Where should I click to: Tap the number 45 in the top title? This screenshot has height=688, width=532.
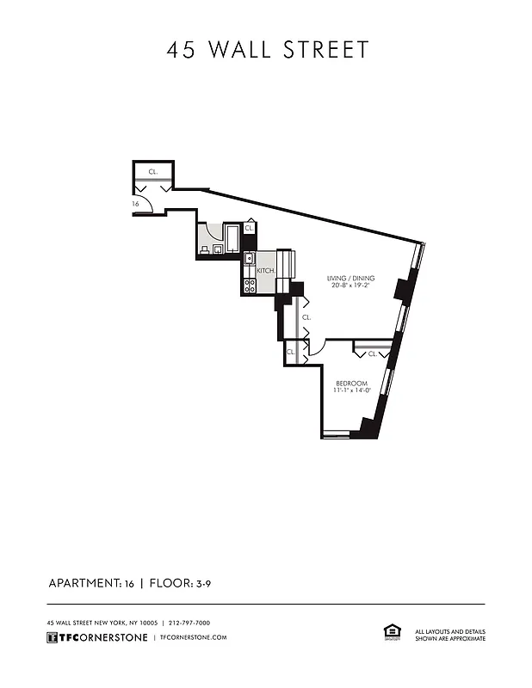click(x=181, y=49)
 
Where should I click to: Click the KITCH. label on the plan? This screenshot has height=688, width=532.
click(x=265, y=271)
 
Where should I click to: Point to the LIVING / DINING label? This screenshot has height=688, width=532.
click(x=350, y=278)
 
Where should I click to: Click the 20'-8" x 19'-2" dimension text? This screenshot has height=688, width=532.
click(x=350, y=286)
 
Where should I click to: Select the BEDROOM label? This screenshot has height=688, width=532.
click(x=351, y=383)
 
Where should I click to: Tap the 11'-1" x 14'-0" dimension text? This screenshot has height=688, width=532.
click(x=351, y=390)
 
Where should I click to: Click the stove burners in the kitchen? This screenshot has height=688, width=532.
click(x=249, y=286)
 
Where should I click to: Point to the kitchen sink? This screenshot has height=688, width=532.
click(x=249, y=257)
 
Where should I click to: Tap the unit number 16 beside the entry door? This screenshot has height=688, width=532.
click(x=136, y=204)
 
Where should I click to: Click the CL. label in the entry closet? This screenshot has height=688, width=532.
click(x=152, y=172)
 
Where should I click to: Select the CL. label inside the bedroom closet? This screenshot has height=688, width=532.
click(x=372, y=353)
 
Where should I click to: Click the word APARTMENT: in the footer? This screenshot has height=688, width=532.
click(x=84, y=583)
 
